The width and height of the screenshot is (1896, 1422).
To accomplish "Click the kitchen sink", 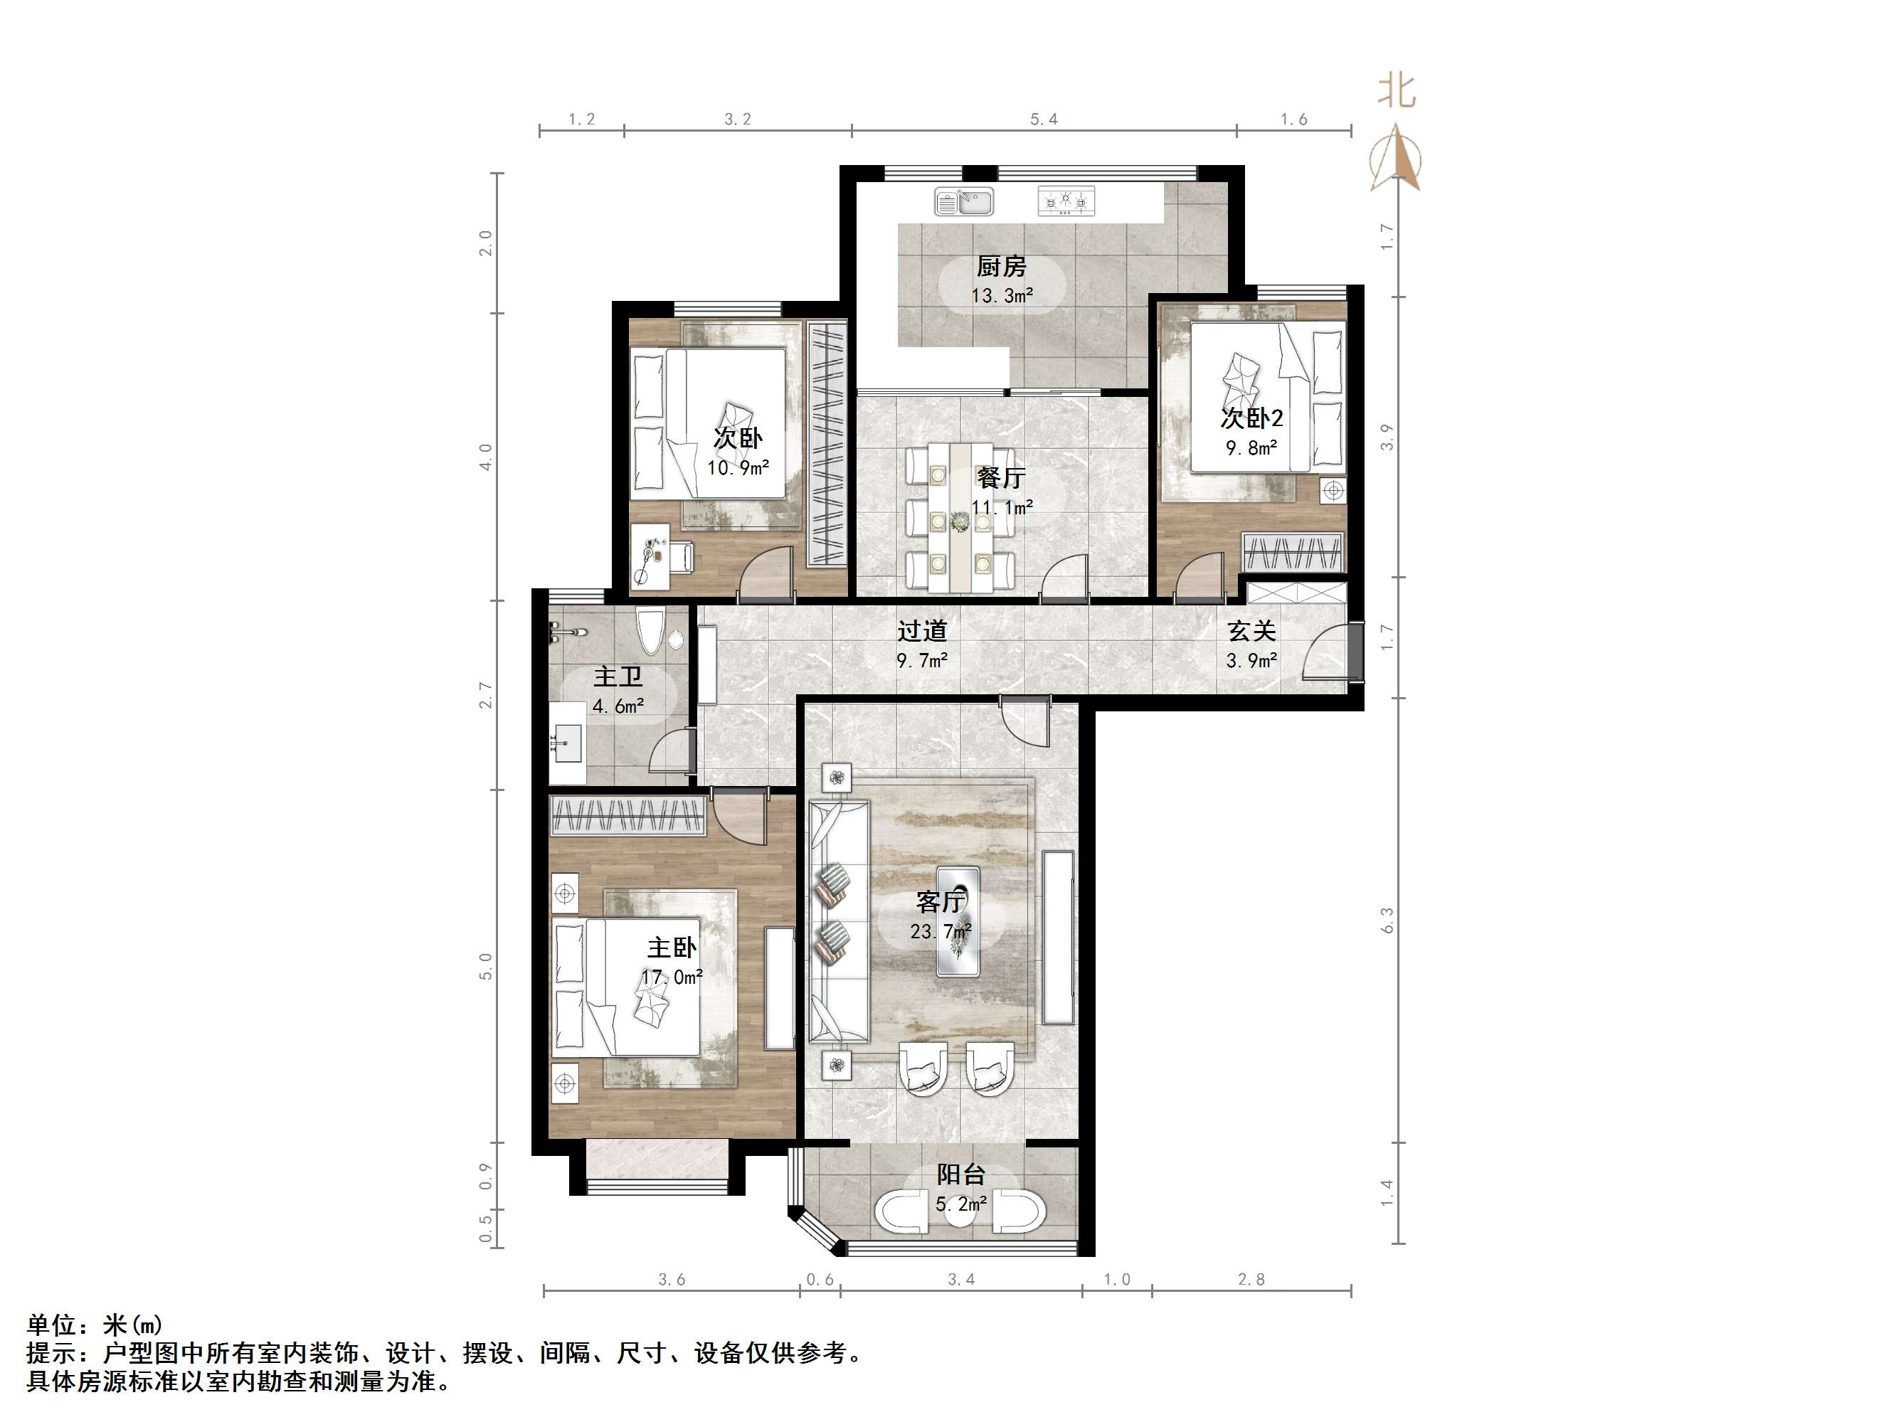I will coord(963,202).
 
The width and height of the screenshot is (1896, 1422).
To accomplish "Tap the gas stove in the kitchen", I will coord(1066,201).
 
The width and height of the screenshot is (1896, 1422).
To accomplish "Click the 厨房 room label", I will coord(1001,267).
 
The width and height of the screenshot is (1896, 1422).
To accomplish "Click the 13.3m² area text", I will coord(1001,297).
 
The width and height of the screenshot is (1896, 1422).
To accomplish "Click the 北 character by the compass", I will coord(1397,90).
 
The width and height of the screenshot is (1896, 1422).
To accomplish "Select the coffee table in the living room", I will coord(958,920).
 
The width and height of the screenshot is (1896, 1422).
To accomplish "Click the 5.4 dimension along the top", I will coord(1043,119).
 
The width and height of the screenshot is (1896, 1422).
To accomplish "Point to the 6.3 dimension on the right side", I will coord(1387,920).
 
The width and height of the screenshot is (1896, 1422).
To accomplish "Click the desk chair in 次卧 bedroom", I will coord(682,556).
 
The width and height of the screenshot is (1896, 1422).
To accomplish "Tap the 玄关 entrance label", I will coord(1251,632).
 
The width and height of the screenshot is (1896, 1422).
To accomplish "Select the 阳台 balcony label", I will coord(960,1174).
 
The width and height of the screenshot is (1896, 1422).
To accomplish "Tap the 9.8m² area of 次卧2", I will coord(1251,447).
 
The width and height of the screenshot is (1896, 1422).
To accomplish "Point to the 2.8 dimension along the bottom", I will coord(1251,1280).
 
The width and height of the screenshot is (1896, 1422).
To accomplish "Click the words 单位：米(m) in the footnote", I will coord(95,1325).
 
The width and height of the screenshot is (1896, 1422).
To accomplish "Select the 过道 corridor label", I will coord(921,632).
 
